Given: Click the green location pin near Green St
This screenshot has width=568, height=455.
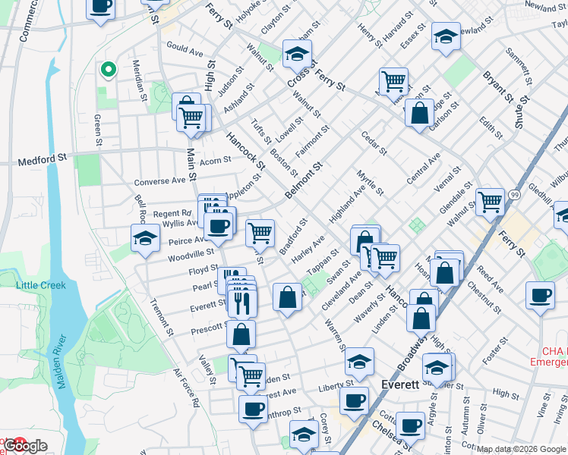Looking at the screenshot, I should (x=108, y=70).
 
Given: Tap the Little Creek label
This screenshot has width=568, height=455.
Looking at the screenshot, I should (x=41, y=285).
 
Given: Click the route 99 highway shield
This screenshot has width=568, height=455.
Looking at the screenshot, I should (x=514, y=195).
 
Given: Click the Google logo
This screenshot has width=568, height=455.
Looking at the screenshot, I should (x=26, y=446).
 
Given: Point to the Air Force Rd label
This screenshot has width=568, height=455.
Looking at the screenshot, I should (x=185, y=389).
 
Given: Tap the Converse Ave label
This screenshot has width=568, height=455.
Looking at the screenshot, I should (x=159, y=182).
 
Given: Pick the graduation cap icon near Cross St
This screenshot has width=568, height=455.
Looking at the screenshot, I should (x=298, y=53).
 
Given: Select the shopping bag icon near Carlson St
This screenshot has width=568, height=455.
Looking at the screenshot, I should (x=419, y=114).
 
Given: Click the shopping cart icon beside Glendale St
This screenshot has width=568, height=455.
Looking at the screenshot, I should (x=490, y=202).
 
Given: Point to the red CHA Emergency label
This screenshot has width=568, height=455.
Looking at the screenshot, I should (x=554, y=356).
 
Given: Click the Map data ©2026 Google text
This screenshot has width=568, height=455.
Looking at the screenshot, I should (x=522, y=449).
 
